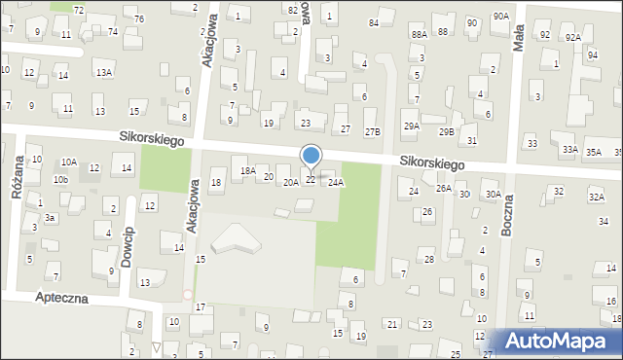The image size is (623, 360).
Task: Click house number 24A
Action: [336, 182]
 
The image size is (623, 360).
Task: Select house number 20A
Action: [290, 182]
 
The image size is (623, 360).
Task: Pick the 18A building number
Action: [247, 170]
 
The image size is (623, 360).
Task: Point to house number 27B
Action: [372, 130]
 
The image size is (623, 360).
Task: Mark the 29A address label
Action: [412, 126]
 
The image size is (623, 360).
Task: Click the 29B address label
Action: [447, 130]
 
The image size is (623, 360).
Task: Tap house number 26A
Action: [443, 188]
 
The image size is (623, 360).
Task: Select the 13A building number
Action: [103, 72]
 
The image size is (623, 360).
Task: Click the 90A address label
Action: [500, 16]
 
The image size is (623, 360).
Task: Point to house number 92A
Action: [572, 36]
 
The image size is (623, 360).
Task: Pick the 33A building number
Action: [569, 150]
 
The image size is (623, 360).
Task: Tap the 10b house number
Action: [61, 180]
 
